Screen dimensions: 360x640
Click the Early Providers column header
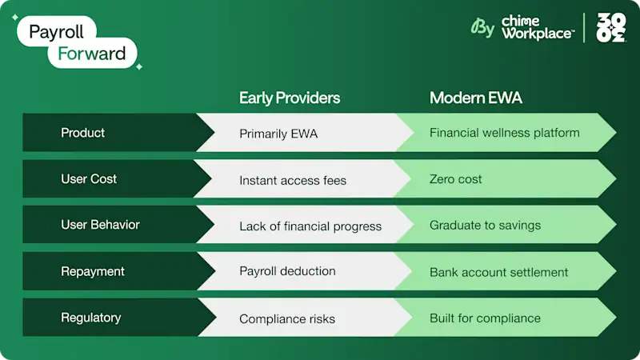click(290, 98)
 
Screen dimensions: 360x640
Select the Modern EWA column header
click(477, 98)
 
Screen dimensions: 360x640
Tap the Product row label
click(82, 133)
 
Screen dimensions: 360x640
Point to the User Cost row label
click(89, 179)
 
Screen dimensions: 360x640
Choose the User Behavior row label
click(100, 226)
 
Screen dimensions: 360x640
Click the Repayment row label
click(93, 272)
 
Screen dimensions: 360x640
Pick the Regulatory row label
click(90, 318)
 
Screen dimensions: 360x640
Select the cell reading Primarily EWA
click(278, 134)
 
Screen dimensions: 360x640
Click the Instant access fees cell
click(293, 180)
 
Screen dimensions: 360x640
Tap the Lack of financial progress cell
click(310, 226)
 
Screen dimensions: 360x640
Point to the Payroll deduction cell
click(288, 272)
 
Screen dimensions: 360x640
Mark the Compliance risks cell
click(287, 318)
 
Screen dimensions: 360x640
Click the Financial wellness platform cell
click(504, 133)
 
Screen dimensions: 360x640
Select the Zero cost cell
click(455, 179)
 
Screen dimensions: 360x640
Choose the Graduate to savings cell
click(485, 226)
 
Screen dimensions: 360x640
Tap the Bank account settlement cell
click(498, 272)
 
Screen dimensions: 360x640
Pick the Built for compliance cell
click(485, 318)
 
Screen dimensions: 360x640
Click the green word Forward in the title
click(91, 54)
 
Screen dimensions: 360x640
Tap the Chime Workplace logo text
click(537, 27)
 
